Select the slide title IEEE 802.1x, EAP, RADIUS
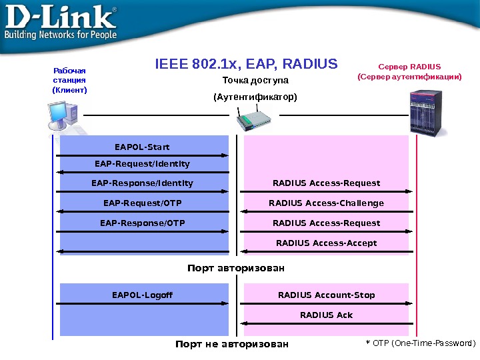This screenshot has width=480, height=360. [246, 64]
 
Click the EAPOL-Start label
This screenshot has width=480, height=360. [142, 147]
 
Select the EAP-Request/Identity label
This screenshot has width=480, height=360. [142, 164]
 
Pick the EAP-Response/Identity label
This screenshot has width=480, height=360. [142, 183]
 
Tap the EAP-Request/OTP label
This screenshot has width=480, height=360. [142, 203]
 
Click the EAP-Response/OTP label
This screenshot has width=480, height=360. [142, 223]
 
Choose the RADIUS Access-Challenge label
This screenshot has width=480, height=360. [326, 203]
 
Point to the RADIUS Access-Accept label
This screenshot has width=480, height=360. [326, 243]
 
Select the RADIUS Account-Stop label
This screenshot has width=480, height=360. [326, 295]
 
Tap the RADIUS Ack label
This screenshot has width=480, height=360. [326, 315]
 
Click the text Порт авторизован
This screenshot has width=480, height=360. [236, 268]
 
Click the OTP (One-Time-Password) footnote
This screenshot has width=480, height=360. [420, 343]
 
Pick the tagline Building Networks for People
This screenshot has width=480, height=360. [61, 35]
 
